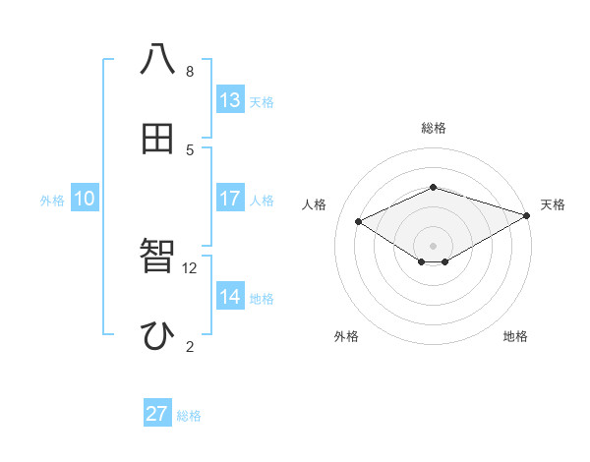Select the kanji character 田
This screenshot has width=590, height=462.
(157, 139)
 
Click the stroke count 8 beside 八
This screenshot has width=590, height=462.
(190, 71)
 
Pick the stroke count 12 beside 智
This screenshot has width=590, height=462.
(190, 267)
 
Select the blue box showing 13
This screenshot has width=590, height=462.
(230, 100)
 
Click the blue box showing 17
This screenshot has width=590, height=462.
(230, 199)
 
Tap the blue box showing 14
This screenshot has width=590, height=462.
(230, 297)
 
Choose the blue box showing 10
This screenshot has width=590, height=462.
(85, 199)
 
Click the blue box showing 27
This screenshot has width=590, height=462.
(157, 414)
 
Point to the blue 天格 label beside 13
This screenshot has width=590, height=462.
(262, 102)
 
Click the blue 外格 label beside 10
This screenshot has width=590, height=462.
(52, 201)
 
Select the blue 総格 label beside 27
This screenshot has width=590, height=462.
(189, 416)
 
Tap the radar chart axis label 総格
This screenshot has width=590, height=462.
(433, 128)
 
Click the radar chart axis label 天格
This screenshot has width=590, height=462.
(553, 204)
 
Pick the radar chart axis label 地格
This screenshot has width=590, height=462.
(515, 337)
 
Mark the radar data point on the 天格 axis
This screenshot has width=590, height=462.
(528, 214)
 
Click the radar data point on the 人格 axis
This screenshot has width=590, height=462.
(359, 221)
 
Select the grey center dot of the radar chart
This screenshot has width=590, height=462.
(433, 245)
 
